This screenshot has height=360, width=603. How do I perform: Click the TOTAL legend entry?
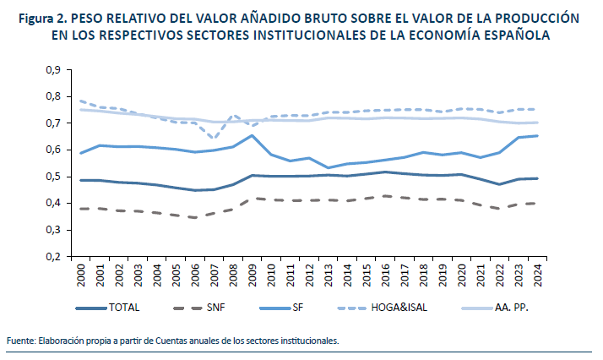point(123,308)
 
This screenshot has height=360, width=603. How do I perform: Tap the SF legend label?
point(307,308)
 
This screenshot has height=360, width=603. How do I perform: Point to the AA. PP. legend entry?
point(510,308)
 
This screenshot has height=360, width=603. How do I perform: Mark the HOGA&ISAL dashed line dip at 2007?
point(214,138)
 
